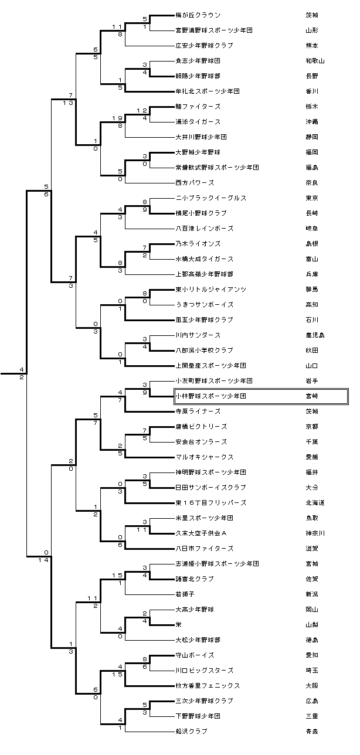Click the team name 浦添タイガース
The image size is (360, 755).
pos(198,122)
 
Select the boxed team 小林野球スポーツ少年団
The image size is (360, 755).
pos(210,396)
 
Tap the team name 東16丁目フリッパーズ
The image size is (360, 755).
pos(210,503)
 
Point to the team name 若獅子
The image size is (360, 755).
pos(185,594)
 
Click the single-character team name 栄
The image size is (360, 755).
pos(178,625)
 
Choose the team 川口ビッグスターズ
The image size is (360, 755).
pos(204,671)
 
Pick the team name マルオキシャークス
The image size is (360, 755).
pos(205,457)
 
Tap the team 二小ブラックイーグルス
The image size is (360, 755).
pos(210,198)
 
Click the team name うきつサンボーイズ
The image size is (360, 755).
pos(205,305)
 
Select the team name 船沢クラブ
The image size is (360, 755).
pos(192,732)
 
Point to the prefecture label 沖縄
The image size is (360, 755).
pos(311,122)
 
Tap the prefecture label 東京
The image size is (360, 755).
pos(311,198)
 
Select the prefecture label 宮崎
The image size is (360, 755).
pos(311,396)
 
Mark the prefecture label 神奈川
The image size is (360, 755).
pos(315,533)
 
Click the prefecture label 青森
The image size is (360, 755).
pos(311,732)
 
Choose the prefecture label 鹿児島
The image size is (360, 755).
pos(315,335)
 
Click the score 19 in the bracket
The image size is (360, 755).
pos(117,118)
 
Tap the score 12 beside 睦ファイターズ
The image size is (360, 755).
pos(142,111)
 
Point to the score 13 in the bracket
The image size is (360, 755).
pos(70,103)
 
